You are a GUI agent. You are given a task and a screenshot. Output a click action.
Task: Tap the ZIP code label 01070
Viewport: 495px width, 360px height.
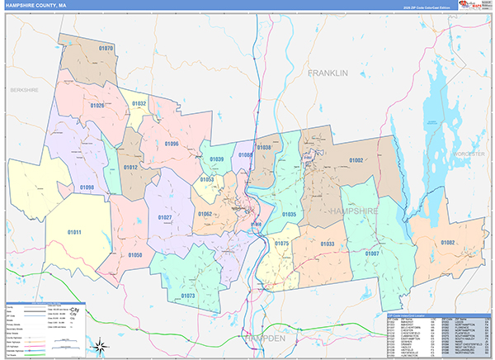[106, 49]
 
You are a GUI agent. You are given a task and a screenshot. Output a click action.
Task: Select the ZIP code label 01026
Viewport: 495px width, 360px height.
[97, 106]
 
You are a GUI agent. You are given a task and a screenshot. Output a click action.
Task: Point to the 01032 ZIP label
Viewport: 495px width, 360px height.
[139, 104]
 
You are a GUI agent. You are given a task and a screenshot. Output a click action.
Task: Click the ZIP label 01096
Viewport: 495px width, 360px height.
[171, 144]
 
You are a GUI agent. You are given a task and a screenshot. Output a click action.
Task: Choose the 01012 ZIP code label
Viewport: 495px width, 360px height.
[130, 167]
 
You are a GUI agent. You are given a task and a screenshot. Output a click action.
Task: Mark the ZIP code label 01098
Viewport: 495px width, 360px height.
[87, 187]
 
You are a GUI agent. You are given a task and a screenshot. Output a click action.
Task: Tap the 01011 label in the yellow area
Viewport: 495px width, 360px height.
[74, 232]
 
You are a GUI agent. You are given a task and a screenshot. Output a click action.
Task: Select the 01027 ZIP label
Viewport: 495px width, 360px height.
[164, 217]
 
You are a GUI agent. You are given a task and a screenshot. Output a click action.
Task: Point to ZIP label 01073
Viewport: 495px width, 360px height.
[187, 295]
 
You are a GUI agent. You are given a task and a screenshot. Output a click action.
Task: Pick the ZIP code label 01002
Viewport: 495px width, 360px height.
[356, 160]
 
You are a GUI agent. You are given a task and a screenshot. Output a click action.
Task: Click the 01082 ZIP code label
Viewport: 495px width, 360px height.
[447, 242]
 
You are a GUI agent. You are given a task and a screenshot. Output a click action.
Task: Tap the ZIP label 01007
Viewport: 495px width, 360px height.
[372, 253]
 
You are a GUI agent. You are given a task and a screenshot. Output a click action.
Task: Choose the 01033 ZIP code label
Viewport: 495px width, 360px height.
[328, 244]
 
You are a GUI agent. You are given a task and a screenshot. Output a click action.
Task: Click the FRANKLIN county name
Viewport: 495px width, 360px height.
[328, 73]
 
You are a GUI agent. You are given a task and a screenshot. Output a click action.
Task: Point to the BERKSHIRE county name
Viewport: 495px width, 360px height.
[24, 89]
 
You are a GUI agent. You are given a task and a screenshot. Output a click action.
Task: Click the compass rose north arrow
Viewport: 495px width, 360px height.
[98, 344]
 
